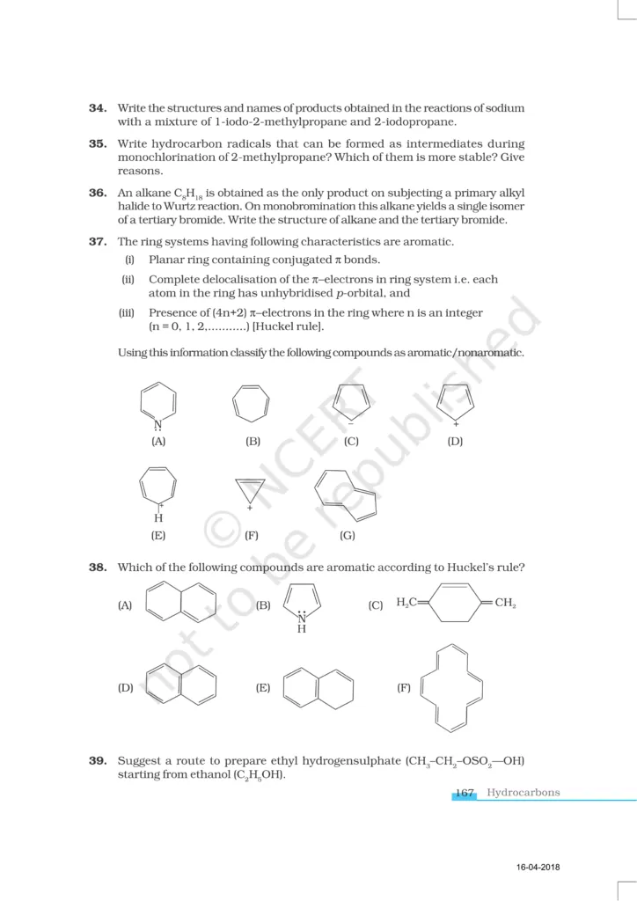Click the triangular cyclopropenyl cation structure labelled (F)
coord(251,489)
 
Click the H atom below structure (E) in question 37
coord(158,517)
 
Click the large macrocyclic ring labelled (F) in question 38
coord(452,688)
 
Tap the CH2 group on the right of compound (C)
coord(505,603)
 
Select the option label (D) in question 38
coord(125,687)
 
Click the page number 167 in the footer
coord(465,793)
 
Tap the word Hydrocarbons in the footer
coord(523,793)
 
